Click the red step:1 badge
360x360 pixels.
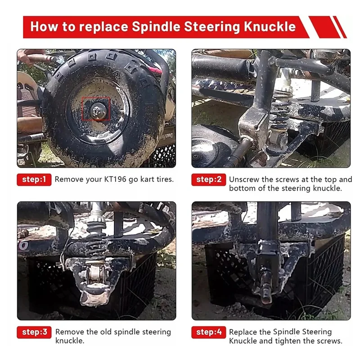point(34,179)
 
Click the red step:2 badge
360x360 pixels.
point(209,179)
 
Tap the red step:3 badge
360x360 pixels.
point(34,332)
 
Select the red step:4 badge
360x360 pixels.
point(209,332)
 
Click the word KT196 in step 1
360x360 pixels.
point(112,179)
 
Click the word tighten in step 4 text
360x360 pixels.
point(292,341)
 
